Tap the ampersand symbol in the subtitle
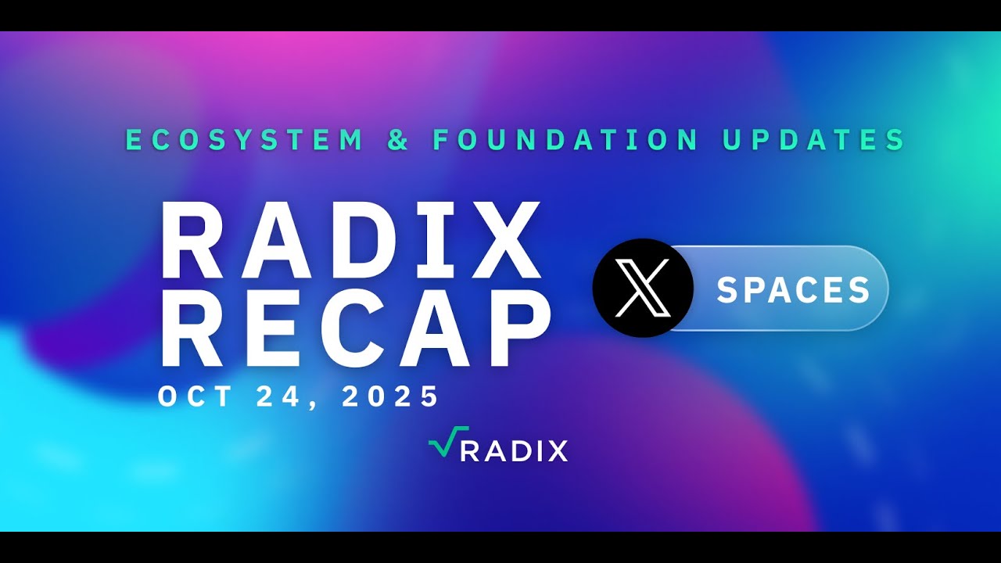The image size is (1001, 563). (x=399, y=141)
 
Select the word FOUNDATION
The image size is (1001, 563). (x=566, y=140)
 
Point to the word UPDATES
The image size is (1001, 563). (x=813, y=140)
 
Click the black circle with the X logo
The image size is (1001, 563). (x=643, y=288)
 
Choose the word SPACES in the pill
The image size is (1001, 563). (x=793, y=290)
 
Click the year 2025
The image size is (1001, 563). (x=391, y=396)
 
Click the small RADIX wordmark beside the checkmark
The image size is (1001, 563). (x=513, y=451)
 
